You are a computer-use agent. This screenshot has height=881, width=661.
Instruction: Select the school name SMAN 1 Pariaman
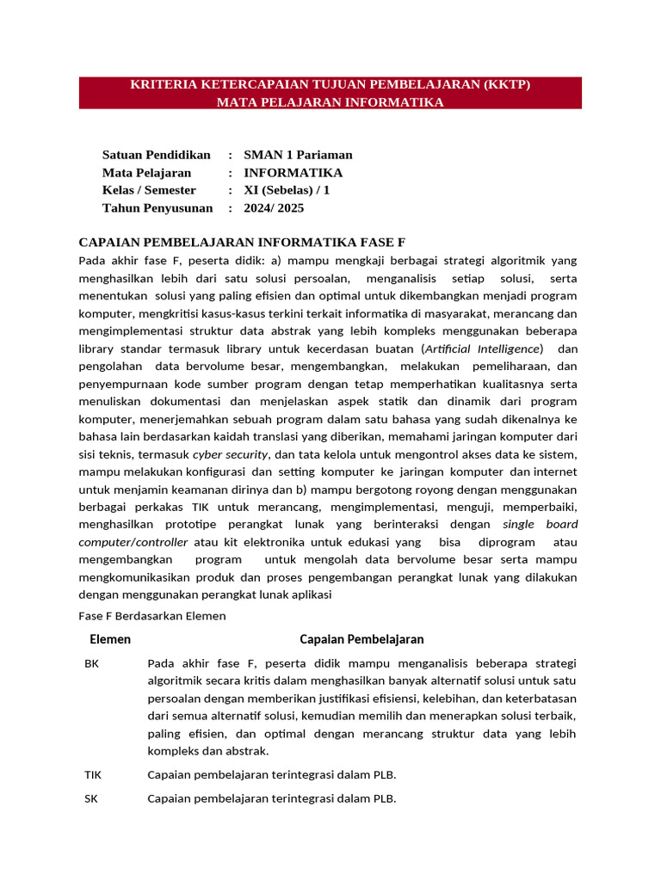298,155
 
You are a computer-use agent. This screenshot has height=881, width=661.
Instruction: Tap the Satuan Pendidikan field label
156,155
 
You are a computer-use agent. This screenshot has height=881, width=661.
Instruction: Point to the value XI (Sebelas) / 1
287,190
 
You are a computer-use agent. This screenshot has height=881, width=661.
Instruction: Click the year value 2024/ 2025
274,208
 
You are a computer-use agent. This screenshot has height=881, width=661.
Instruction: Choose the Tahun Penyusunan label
157,208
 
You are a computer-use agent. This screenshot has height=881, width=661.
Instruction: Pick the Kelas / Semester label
149,190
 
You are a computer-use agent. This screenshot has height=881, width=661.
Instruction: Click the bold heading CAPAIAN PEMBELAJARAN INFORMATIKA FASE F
242,243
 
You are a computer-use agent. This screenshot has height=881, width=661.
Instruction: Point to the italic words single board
540,525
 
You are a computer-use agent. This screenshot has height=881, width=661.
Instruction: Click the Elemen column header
110,639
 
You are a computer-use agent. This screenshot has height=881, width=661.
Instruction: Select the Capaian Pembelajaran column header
361,639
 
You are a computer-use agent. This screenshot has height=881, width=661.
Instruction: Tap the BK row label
92,663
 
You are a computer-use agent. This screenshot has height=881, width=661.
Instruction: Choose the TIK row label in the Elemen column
93,774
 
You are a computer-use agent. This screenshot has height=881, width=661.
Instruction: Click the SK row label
91,798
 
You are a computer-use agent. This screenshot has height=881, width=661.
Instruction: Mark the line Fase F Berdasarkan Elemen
151,615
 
